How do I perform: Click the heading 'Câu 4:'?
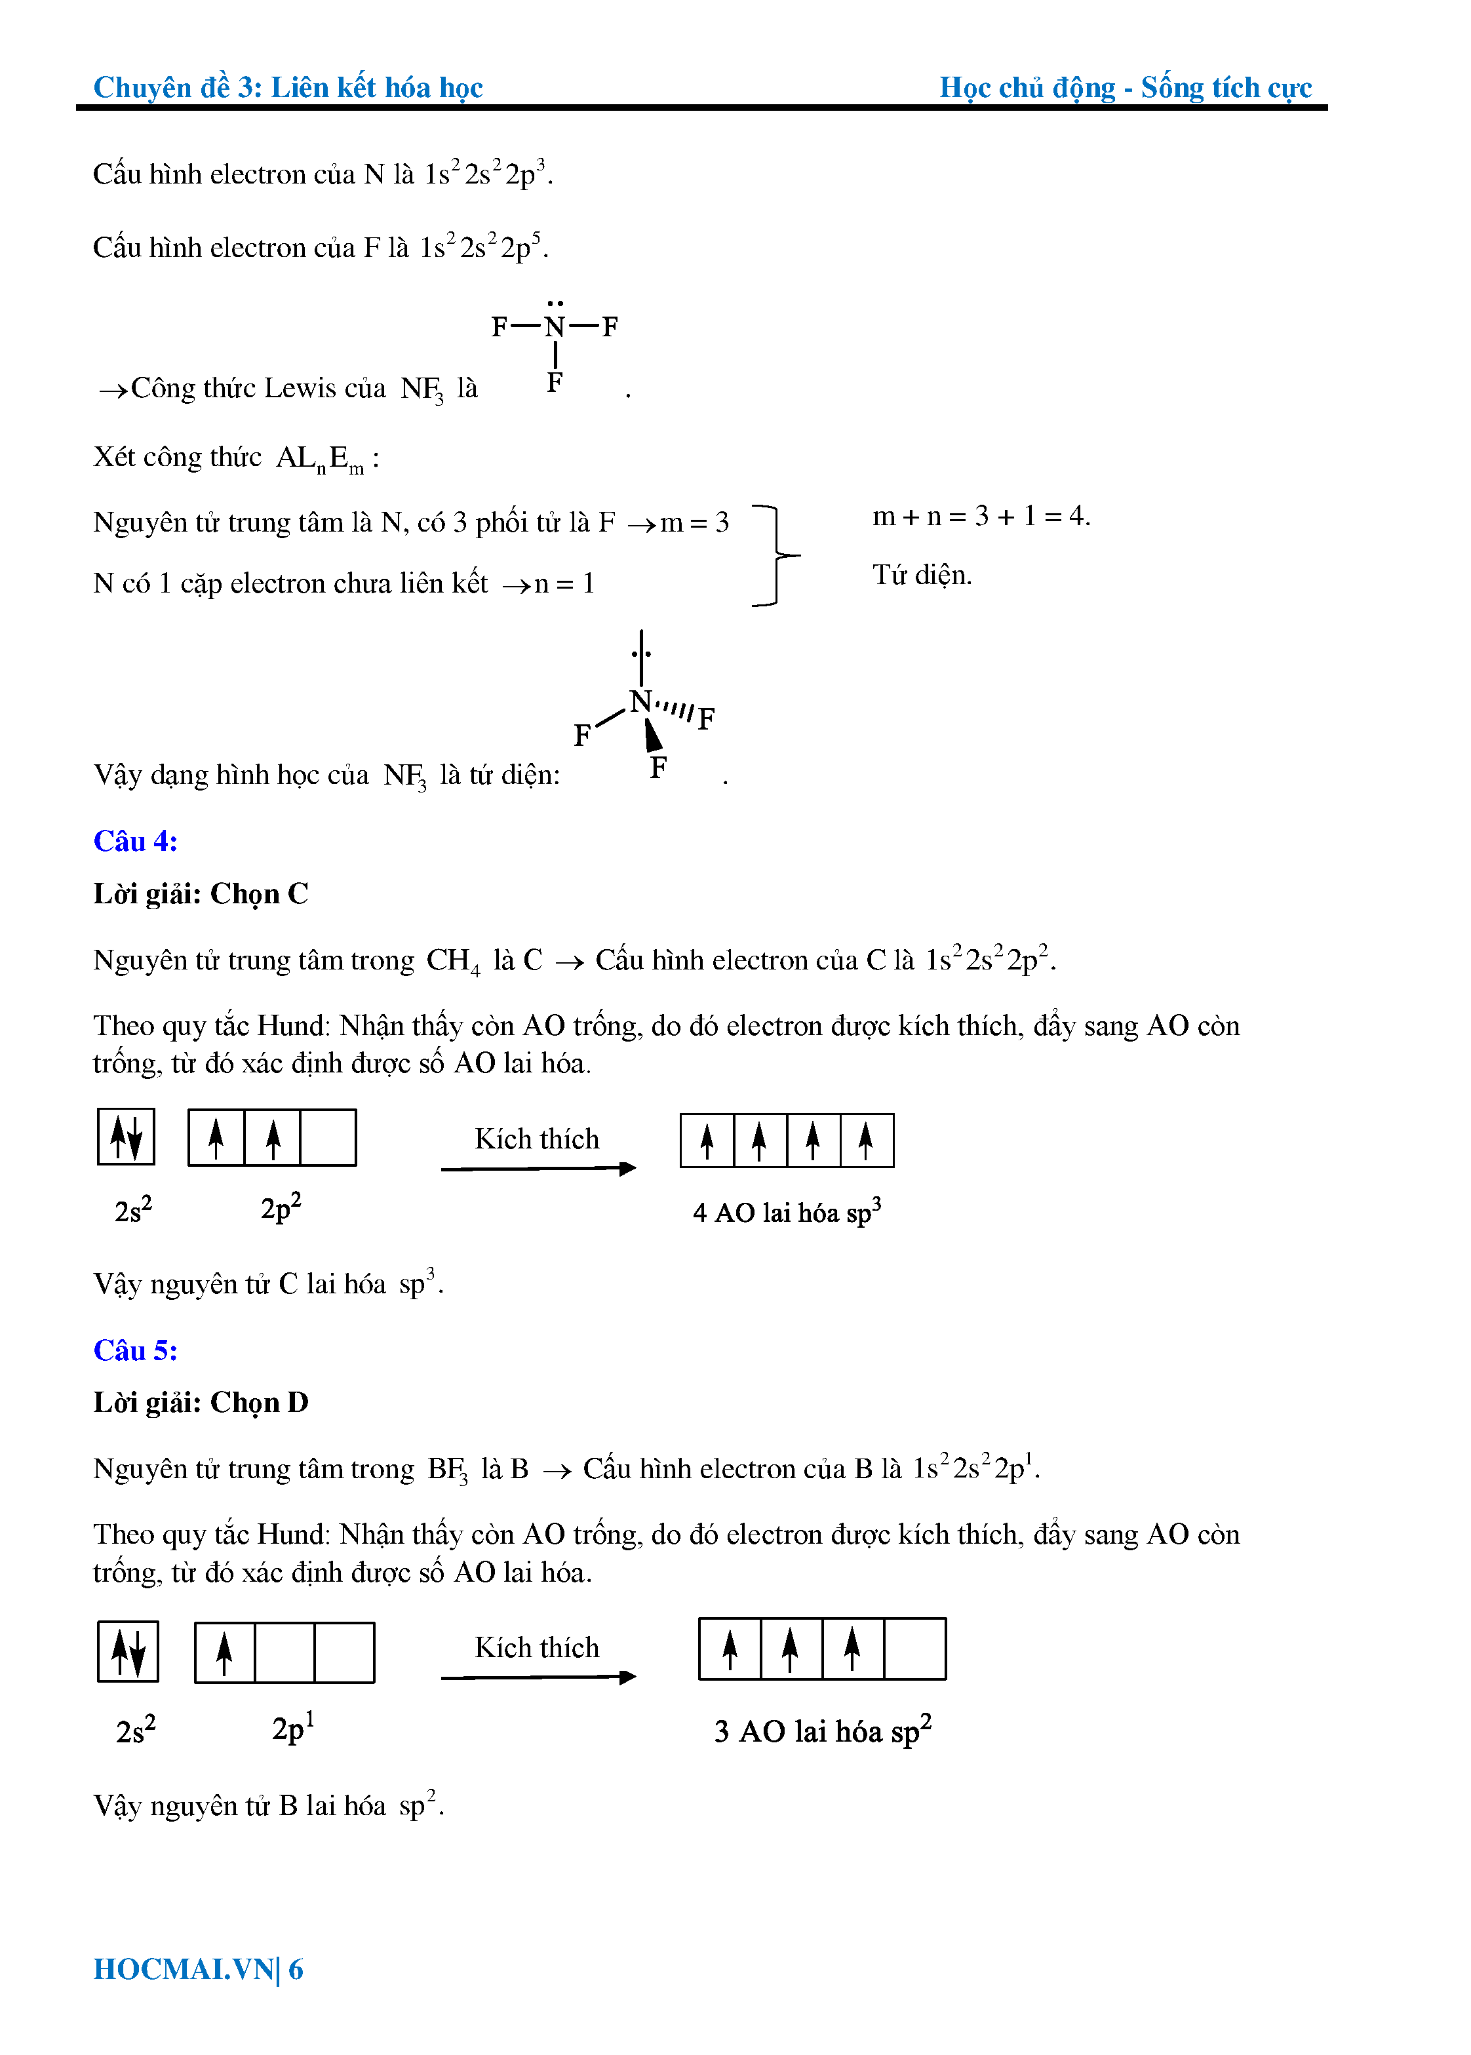point(136,842)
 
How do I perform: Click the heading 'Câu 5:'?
point(136,1350)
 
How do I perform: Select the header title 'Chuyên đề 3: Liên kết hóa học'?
point(288,87)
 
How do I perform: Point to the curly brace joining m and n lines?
point(777,555)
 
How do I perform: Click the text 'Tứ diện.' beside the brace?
point(921,575)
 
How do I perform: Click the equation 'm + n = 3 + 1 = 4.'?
point(981,517)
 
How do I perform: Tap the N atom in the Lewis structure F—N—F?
point(555,327)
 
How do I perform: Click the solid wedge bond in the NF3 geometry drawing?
point(652,735)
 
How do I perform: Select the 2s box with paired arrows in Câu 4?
point(126,1137)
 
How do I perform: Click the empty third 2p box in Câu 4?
point(328,1137)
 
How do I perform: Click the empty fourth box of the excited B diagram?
point(915,1649)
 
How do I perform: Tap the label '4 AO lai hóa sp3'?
point(786,1212)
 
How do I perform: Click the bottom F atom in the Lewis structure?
point(555,383)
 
